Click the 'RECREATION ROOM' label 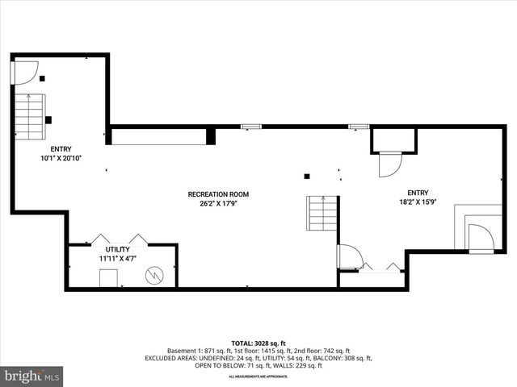tap(218, 194)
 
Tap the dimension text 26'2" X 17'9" tap(218, 204)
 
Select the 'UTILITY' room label tap(118, 250)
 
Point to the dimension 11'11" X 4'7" tap(118, 259)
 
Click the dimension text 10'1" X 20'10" tap(61, 159)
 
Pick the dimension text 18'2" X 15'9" tap(418, 202)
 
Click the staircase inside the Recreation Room tap(321, 215)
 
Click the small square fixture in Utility tap(107, 278)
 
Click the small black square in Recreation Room tap(306, 177)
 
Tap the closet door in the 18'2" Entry tap(389, 164)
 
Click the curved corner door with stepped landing tap(480, 238)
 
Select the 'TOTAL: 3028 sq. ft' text tap(258, 342)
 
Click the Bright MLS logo tap(32, 375)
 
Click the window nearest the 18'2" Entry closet tap(358, 126)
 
